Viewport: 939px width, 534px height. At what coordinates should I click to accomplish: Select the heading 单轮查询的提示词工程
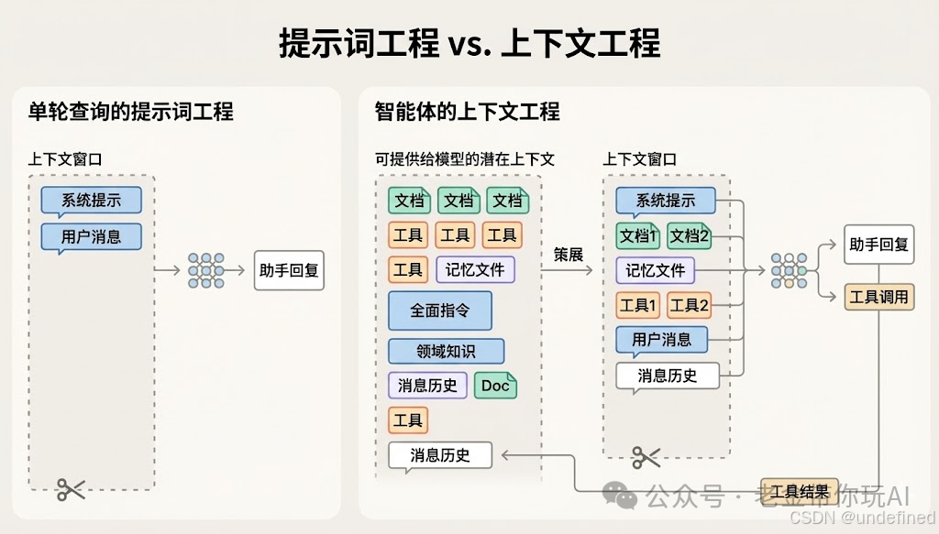click(130, 112)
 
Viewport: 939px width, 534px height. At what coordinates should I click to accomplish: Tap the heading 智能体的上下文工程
click(467, 112)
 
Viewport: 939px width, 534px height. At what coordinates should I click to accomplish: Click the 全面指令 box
click(440, 311)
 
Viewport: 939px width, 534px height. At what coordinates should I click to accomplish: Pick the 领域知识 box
click(446, 351)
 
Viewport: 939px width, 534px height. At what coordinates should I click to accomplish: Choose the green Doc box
click(495, 386)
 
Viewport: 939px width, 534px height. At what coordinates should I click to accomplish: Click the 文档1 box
click(638, 235)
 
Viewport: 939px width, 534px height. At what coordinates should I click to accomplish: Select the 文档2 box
click(690, 235)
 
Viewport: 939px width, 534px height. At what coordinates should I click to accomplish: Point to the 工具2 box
click(690, 305)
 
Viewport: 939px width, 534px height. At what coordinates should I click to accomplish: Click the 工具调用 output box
click(878, 297)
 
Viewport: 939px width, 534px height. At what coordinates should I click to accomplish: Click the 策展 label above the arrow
click(569, 255)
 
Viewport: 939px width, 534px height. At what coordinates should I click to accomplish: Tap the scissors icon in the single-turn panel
click(71, 489)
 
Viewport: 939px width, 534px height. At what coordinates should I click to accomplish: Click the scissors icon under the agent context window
click(646, 455)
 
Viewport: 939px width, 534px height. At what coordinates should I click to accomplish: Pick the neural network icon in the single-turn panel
click(205, 270)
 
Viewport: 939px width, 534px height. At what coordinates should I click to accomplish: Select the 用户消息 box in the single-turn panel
click(92, 236)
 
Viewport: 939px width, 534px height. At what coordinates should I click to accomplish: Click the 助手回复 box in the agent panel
click(878, 245)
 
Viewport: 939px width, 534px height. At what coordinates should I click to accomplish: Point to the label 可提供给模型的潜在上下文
click(465, 158)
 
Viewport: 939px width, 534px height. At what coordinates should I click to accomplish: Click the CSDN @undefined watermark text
click(861, 518)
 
